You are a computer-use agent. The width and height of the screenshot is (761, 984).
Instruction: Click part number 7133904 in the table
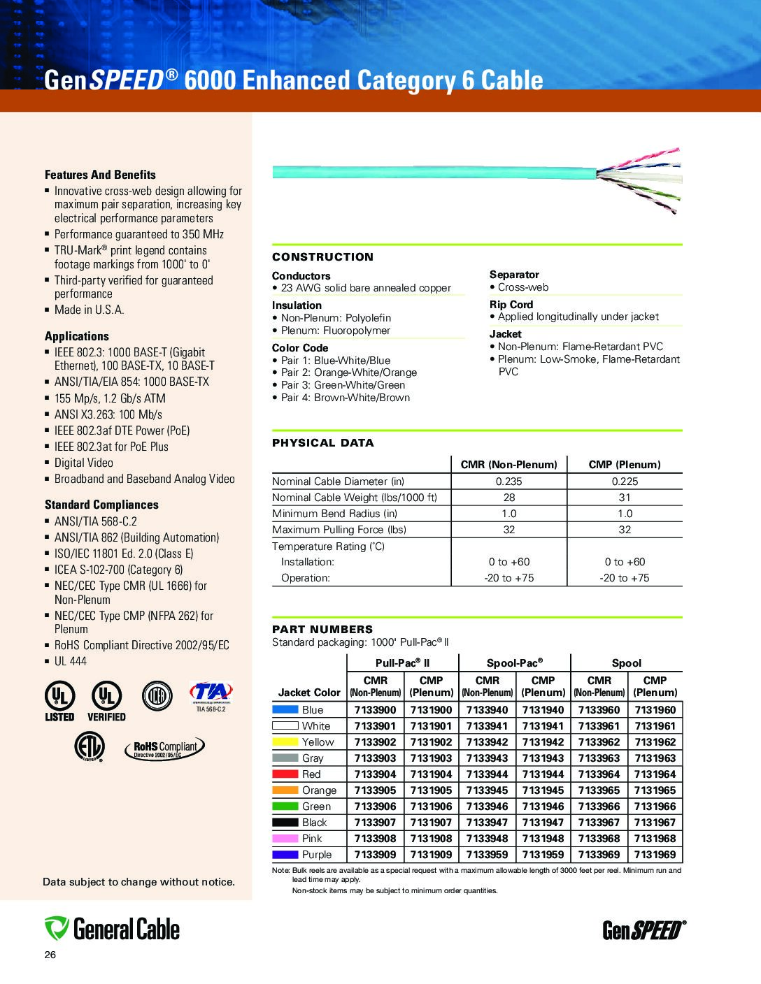click(375, 774)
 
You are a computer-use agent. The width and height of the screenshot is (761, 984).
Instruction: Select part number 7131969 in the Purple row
click(655, 854)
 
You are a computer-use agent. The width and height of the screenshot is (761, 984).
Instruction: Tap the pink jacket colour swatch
click(285, 838)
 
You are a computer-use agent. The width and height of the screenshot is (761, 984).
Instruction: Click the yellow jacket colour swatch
click(285, 741)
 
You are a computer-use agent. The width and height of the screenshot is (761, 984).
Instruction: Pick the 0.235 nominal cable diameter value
click(508, 481)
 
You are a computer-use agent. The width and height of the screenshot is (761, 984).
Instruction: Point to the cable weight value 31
click(625, 497)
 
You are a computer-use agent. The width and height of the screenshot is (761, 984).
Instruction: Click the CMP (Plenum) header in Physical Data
click(625, 464)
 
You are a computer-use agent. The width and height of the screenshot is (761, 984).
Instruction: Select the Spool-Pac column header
click(515, 663)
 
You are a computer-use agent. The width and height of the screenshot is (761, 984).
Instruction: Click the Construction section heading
click(322, 256)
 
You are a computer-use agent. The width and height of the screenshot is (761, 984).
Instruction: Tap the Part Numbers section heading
click(322, 629)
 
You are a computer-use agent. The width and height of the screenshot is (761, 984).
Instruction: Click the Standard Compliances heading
click(101, 504)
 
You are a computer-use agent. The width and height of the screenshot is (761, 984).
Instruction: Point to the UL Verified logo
click(106, 702)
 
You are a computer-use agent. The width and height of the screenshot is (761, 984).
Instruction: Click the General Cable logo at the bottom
click(112, 929)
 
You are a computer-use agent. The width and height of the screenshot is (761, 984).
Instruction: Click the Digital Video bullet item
click(83, 463)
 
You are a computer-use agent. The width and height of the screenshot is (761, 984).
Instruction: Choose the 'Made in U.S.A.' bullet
click(89, 310)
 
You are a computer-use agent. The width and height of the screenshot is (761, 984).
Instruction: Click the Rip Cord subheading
click(511, 304)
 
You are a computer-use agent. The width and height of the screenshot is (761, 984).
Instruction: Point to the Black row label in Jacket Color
click(314, 822)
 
